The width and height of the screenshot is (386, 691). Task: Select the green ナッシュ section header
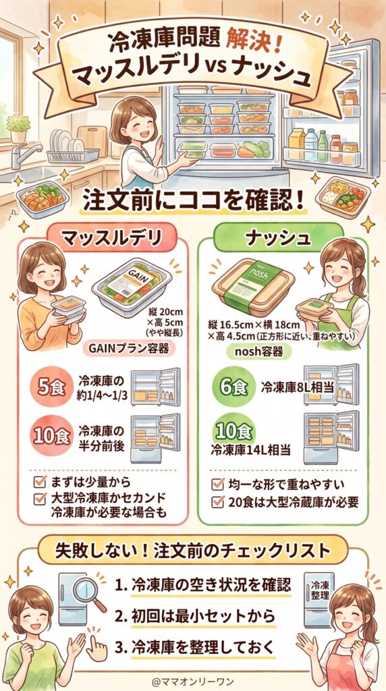pos(279,238)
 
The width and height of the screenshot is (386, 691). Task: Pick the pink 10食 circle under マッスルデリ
pos(51,436)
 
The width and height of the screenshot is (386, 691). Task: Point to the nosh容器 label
pos(255,352)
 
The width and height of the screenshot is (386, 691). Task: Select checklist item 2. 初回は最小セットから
pos(195,615)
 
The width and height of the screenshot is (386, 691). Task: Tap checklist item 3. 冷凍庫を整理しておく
pos(195,645)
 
